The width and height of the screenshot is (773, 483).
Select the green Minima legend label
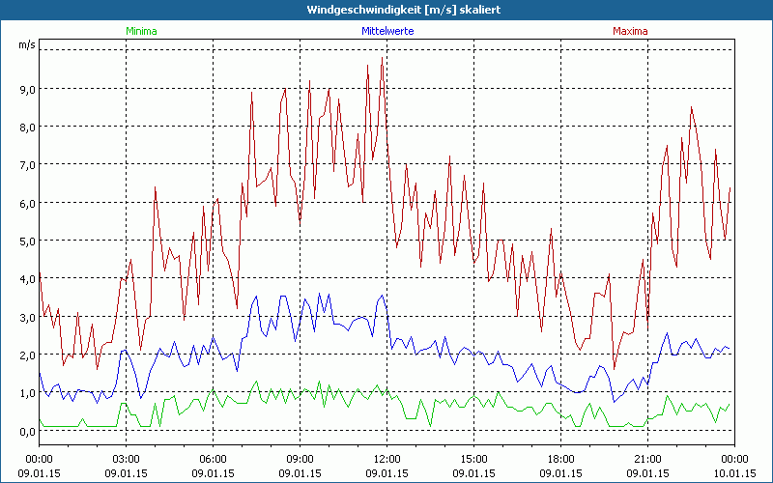coord(141,31)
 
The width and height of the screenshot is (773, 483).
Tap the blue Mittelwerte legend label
coord(386,31)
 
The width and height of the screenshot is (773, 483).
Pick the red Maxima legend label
coord(631,31)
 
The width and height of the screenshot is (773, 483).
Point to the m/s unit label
coord(25,44)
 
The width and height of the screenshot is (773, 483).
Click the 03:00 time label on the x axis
coord(127,459)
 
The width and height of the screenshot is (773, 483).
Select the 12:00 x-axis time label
coord(386,459)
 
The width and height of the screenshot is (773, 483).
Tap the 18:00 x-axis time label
coord(560,459)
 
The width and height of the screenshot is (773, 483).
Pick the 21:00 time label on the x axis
coord(647,459)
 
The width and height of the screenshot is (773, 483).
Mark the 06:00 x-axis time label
coord(214,459)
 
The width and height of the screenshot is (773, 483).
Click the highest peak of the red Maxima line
coord(383,58)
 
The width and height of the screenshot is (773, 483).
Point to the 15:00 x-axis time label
coord(473,459)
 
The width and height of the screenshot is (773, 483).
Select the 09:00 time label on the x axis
coord(301,459)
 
